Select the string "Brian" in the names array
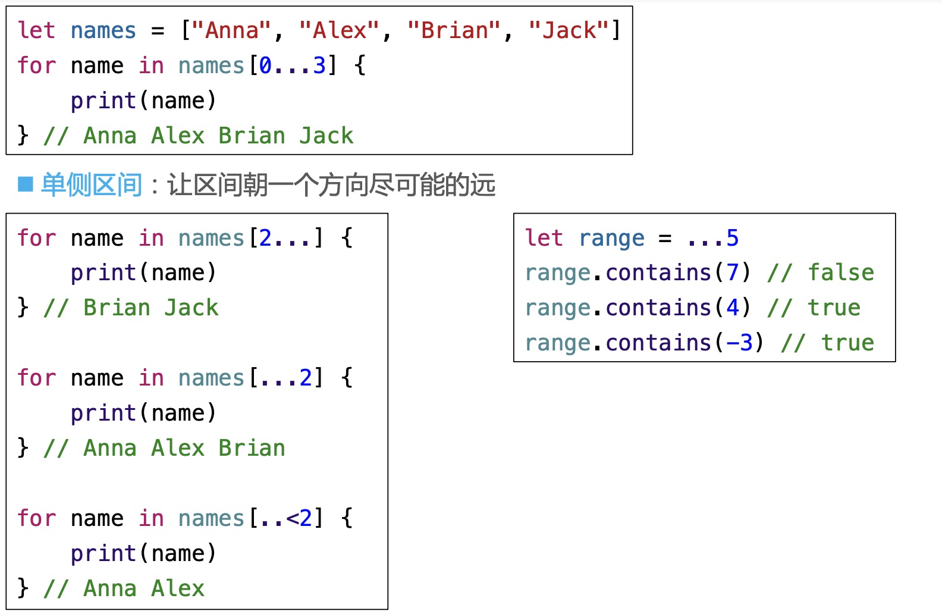454,30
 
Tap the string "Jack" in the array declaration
569,30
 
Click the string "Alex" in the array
339,30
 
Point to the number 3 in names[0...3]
319,65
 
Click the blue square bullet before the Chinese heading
26,184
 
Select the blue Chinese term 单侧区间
92,184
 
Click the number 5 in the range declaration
732,238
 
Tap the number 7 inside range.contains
732,272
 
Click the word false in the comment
840,272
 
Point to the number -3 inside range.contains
739,343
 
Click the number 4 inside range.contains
732,308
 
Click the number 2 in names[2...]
265,238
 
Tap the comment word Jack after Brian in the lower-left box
191,308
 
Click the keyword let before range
544,238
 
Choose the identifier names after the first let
103,30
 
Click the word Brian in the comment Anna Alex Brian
252,448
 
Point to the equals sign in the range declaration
665,238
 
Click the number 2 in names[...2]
306,378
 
